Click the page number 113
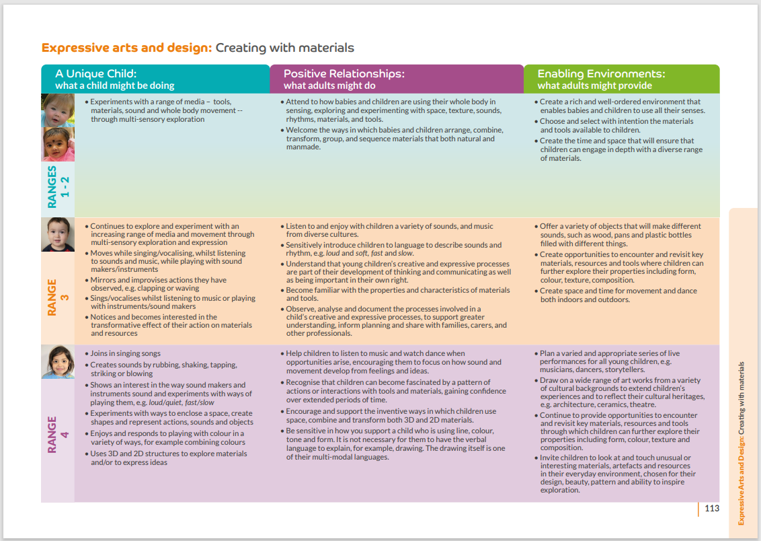(x=712, y=509)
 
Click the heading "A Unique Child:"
(x=96, y=74)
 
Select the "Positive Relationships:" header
(x=344, y=74)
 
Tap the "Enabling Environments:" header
(x=601, y=74)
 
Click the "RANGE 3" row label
(x=58, y=297)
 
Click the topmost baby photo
(x=56, y=110)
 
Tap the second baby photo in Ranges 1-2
(x=56, y=144)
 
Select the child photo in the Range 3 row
(x=56, y=234)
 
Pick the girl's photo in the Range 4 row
(x=56, y=362)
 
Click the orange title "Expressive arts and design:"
(x=127, y=48)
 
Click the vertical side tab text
(x=742, y=443)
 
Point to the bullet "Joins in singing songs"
(x=125, y=353)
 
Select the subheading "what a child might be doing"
(x=114, y=85)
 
